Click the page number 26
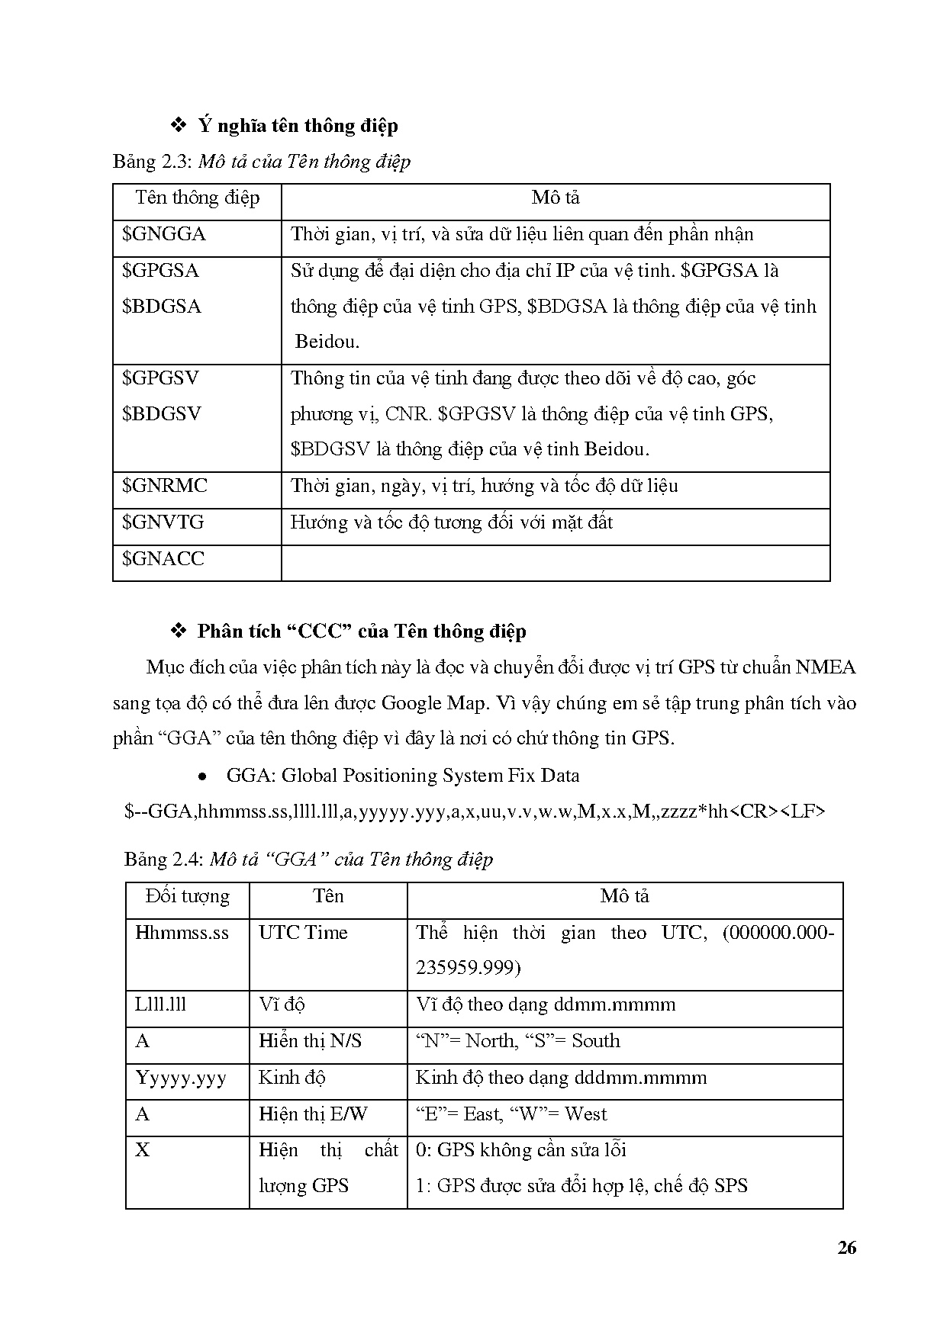(x=846, y=1248)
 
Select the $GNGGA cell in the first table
(x=164, y=234)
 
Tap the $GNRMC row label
(x=165, y=486)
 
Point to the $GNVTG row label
(x=163, y=522)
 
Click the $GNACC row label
(x=163, y=559)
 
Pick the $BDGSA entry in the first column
(x=162, y=307)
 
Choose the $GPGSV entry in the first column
(x=161, y=378)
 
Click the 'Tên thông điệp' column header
(x=197, y=198)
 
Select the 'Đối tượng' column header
(x=188, y=896)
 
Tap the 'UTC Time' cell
(x=303, y=933)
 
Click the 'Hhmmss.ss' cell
(x=182, y=933)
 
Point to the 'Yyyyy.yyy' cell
(x=181, y=1078)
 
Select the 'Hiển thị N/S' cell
(x=311, y=1041)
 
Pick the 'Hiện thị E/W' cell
(x=313, y=1114)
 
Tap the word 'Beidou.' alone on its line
(x=327, y=342)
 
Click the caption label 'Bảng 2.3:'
(x=153, y=162)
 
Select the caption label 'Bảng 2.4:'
(x=164, y=860)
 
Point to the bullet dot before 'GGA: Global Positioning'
(x=203, y=777)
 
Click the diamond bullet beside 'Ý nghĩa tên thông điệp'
(x=179, y=124)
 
